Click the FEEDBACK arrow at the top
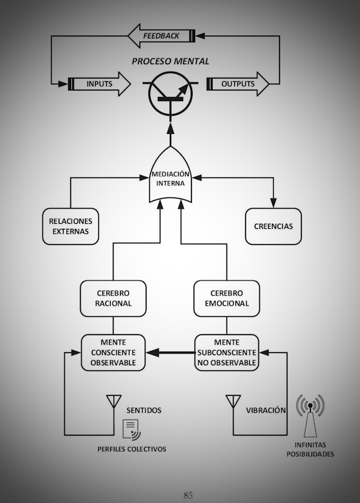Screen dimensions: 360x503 tap(161, 36)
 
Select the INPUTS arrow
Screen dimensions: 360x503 tap(99, 84)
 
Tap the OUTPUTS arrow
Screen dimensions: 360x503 tap(238, 84)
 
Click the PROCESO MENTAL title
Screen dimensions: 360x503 tap(170, 61)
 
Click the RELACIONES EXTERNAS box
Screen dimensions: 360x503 tap(70, 226)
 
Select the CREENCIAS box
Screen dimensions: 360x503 tap(273, 226)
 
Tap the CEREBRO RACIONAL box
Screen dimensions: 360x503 tap(113, 298)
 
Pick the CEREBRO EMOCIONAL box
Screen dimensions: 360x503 tap(227, 298)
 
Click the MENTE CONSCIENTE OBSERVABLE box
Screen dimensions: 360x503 tap(113, 353)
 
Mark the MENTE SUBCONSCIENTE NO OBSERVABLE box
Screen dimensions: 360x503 tap(227, 353)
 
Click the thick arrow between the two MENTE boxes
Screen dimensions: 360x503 tap(170, 353)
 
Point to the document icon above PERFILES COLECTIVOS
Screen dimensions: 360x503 tap(132, 430)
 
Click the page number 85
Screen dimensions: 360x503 tap(188, 495)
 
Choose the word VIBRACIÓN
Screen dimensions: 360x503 tap(266, 411)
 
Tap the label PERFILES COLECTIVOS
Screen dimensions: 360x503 tap(132, 449)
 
